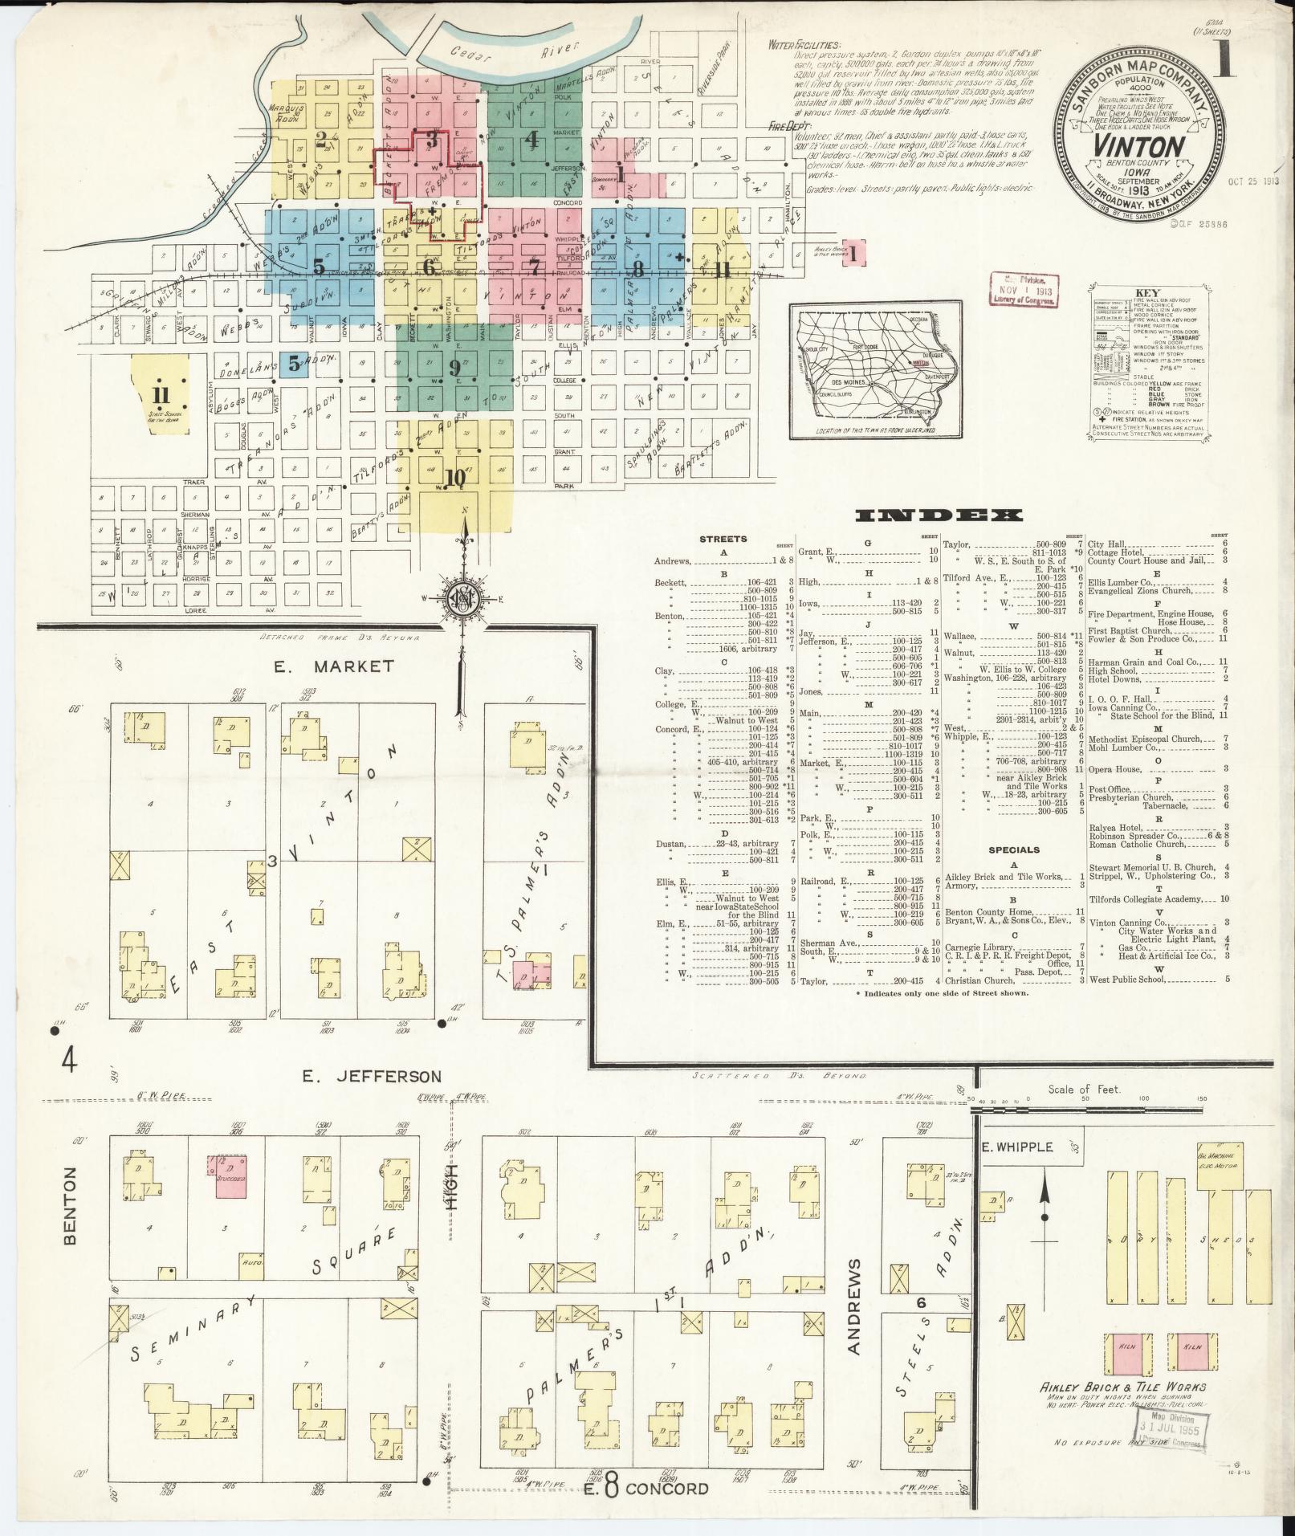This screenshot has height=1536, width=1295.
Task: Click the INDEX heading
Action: pyautogui.click(x=939, y=515)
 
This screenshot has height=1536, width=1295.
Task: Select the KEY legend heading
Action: pyautogui.click(x=1148, y=293)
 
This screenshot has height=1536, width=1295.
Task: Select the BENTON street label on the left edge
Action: pyautogui.click(x=71, y=1216)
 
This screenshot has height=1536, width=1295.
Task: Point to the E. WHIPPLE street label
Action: pyautogui.click(x=1017, y=1147)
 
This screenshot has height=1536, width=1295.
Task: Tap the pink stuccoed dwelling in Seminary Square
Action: pyautogui.click(x=229, y=1177)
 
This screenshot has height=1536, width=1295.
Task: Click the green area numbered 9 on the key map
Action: pyautogui.click(x=455, y=368)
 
